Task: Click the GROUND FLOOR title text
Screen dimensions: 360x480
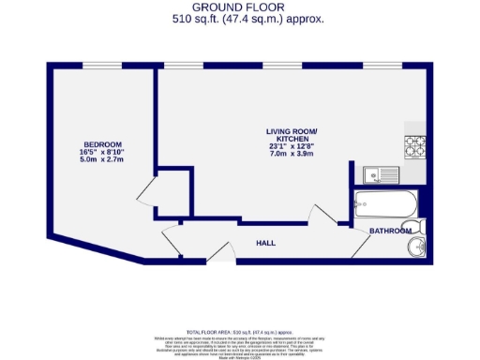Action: [x=239, y=7]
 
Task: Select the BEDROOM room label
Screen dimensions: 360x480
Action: [x=99, y=144]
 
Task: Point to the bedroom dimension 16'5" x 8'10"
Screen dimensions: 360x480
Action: [x=99, y=153]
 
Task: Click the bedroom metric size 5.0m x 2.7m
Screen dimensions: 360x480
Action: [x=99, y=161]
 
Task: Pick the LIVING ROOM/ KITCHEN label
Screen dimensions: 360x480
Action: [x=292, y=134]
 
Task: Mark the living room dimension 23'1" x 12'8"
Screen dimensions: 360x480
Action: [x=292, y=146]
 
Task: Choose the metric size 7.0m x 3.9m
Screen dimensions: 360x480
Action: [x=292, y=155]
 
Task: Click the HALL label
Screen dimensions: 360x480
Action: [x=266, y=243]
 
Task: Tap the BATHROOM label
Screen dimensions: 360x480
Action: [x=390, y=231]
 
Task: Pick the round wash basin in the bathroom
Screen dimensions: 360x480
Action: [x=416, y=247]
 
